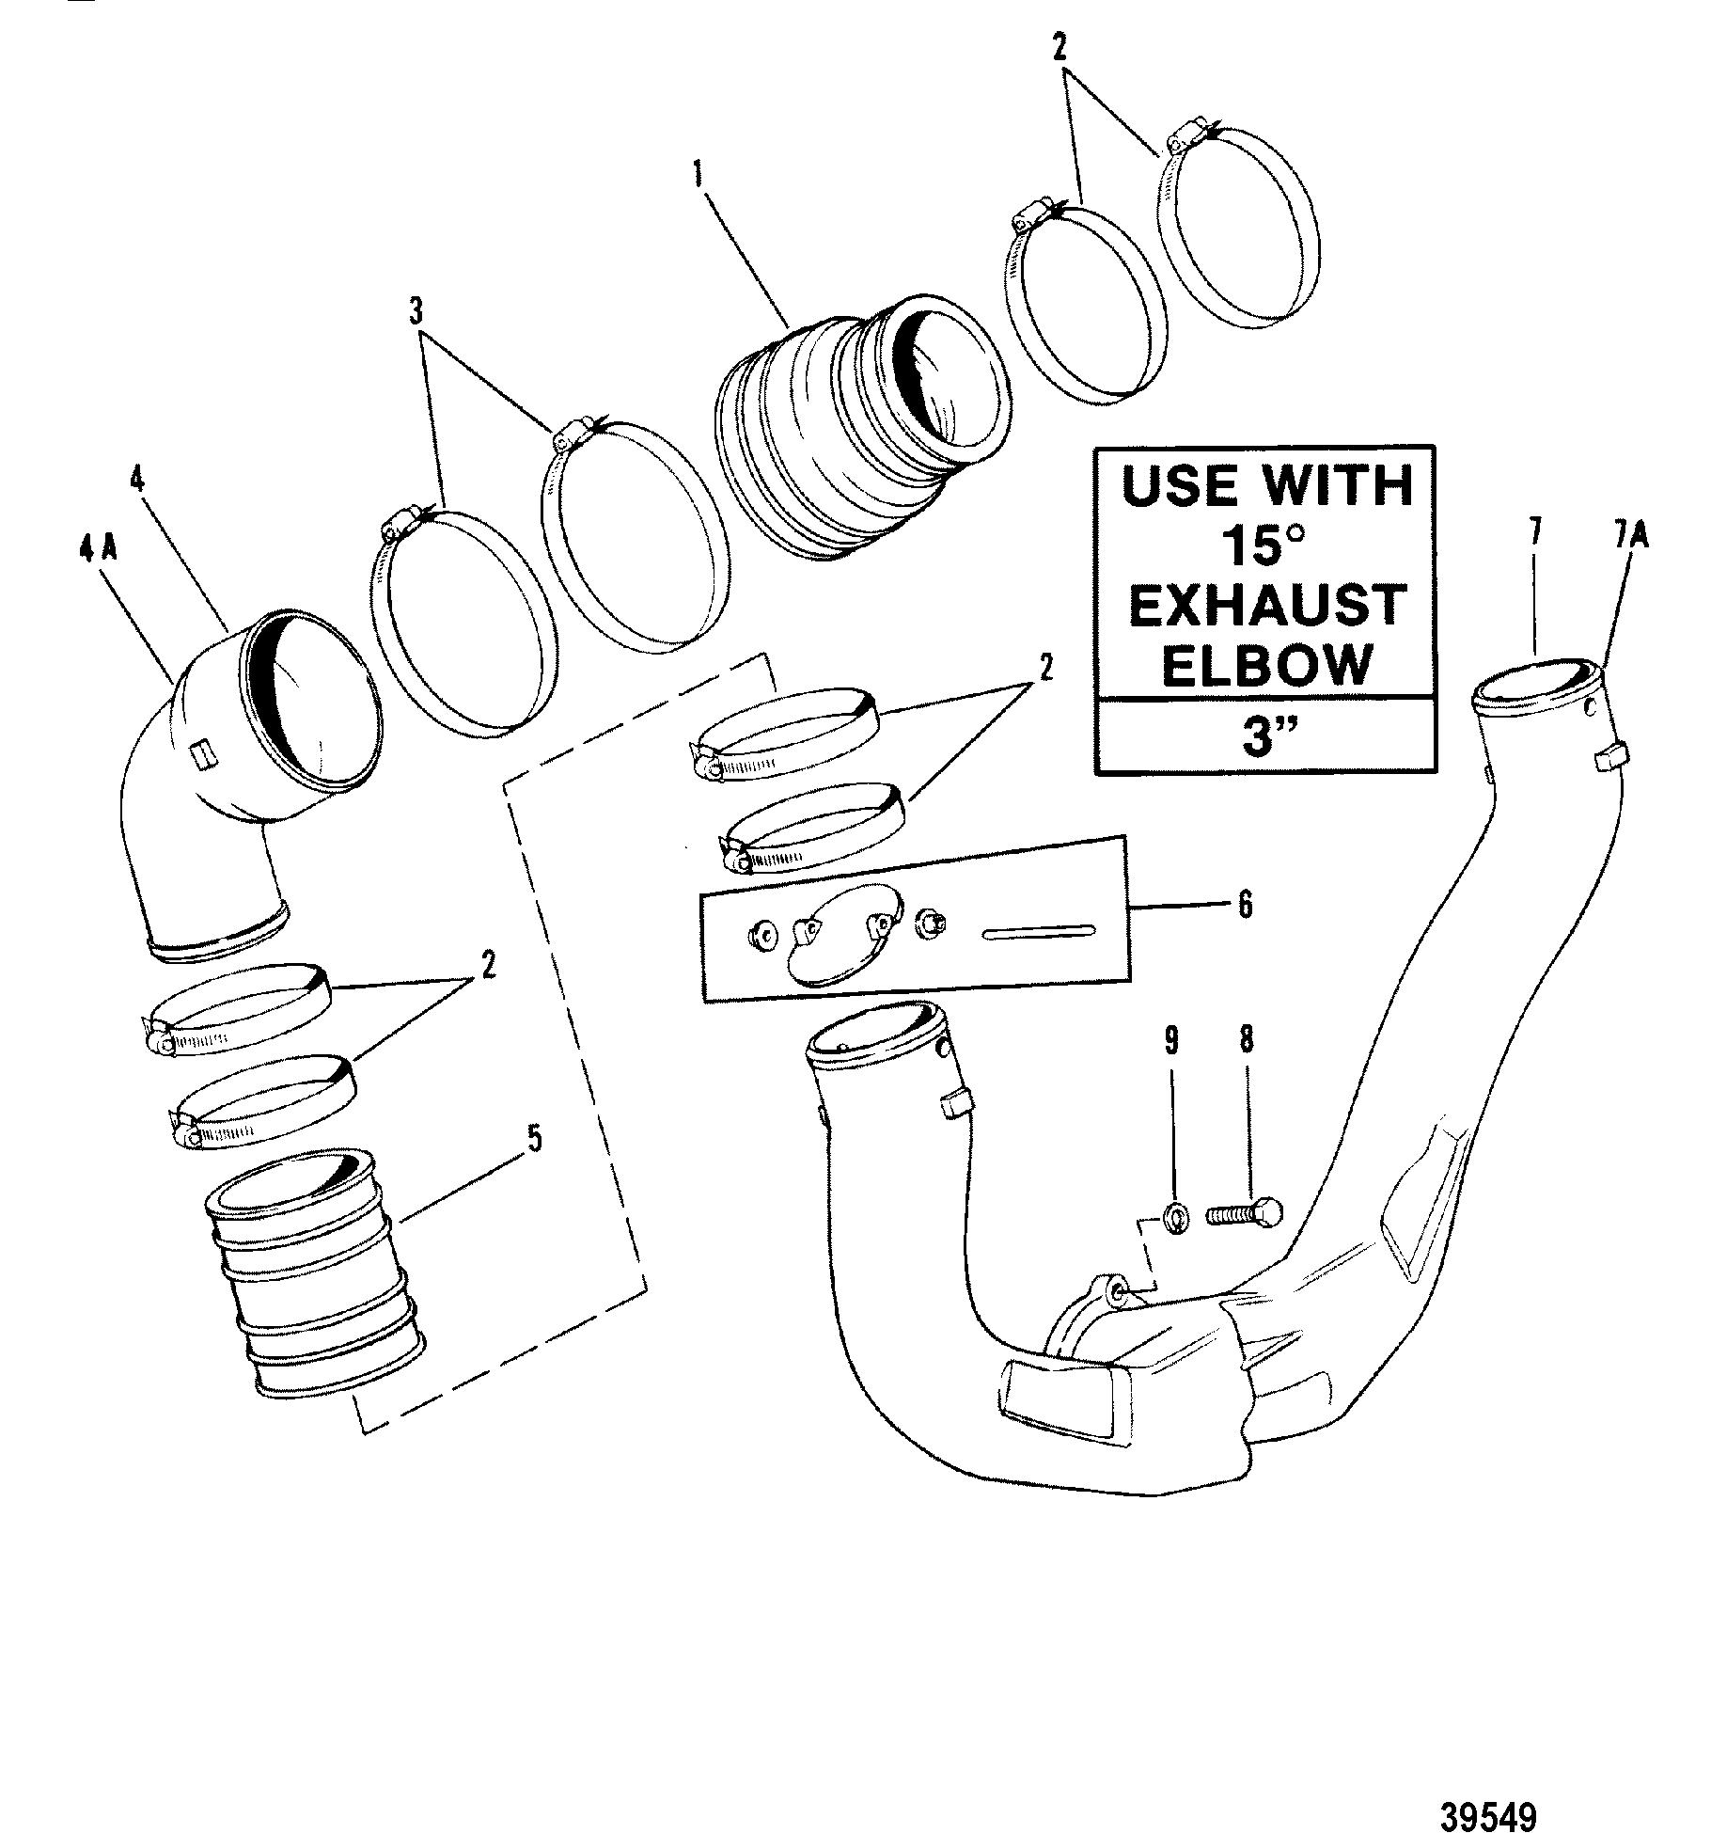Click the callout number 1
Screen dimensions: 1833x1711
click(x=699, y=175)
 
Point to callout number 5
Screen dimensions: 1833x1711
click(x=534, y=1141)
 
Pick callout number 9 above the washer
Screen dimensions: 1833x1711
click(x=1172, y=1041)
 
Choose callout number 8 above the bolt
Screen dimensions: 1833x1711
click(x=1248, y=1041)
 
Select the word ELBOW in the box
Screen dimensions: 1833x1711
click(x=1267, y=664)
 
